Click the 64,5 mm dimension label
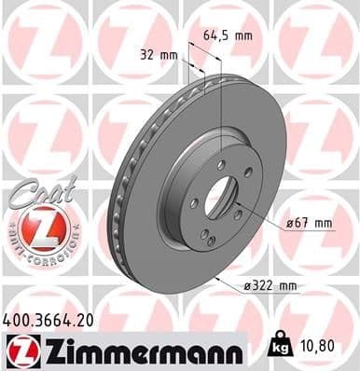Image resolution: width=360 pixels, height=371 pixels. point(227,35)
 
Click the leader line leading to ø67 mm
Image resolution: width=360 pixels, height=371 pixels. point(261,217)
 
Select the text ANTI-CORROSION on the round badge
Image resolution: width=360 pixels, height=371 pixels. point(37,254)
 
